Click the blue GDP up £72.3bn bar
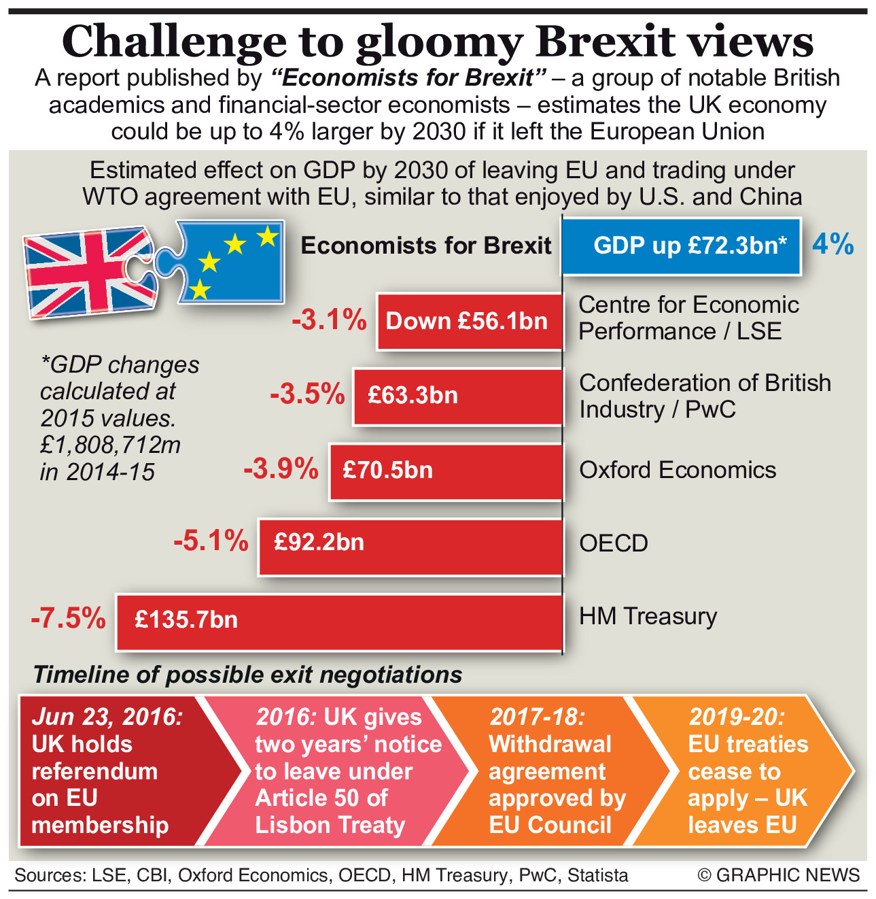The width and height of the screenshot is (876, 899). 682,246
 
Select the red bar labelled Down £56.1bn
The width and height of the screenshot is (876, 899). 470,322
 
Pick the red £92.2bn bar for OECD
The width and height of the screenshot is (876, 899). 410,546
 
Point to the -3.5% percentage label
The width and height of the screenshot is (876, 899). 307,395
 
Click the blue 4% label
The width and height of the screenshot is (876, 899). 833,244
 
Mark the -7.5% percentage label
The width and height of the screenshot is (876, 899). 69,619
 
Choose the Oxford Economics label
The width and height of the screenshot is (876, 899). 677,470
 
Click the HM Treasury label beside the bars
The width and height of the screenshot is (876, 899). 648,616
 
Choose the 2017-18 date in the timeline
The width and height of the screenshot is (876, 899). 537,717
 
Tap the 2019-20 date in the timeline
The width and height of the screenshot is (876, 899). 736,717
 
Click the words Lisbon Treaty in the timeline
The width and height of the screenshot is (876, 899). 330,825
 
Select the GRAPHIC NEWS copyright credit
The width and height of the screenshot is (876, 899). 779,875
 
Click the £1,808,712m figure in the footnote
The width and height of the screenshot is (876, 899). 110,445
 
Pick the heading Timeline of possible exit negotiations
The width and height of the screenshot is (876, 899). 247,675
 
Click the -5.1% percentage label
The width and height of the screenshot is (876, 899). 211,542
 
